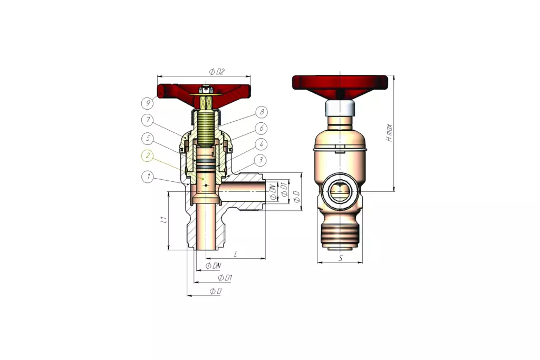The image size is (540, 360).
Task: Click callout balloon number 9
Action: point(148,103)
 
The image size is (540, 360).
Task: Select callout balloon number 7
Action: point(148,120)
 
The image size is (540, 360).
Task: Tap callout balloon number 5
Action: point(148,139)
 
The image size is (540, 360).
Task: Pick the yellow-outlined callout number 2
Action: point(148,156)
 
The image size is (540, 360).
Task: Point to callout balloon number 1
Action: point(148,177)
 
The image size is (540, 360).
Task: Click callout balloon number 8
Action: point(262,112)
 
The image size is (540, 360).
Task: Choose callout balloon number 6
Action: point(262,129)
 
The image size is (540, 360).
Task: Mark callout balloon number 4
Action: point(261,144)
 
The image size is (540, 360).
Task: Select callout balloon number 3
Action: point(261,160)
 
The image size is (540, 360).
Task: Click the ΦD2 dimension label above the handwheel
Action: point(217,72)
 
